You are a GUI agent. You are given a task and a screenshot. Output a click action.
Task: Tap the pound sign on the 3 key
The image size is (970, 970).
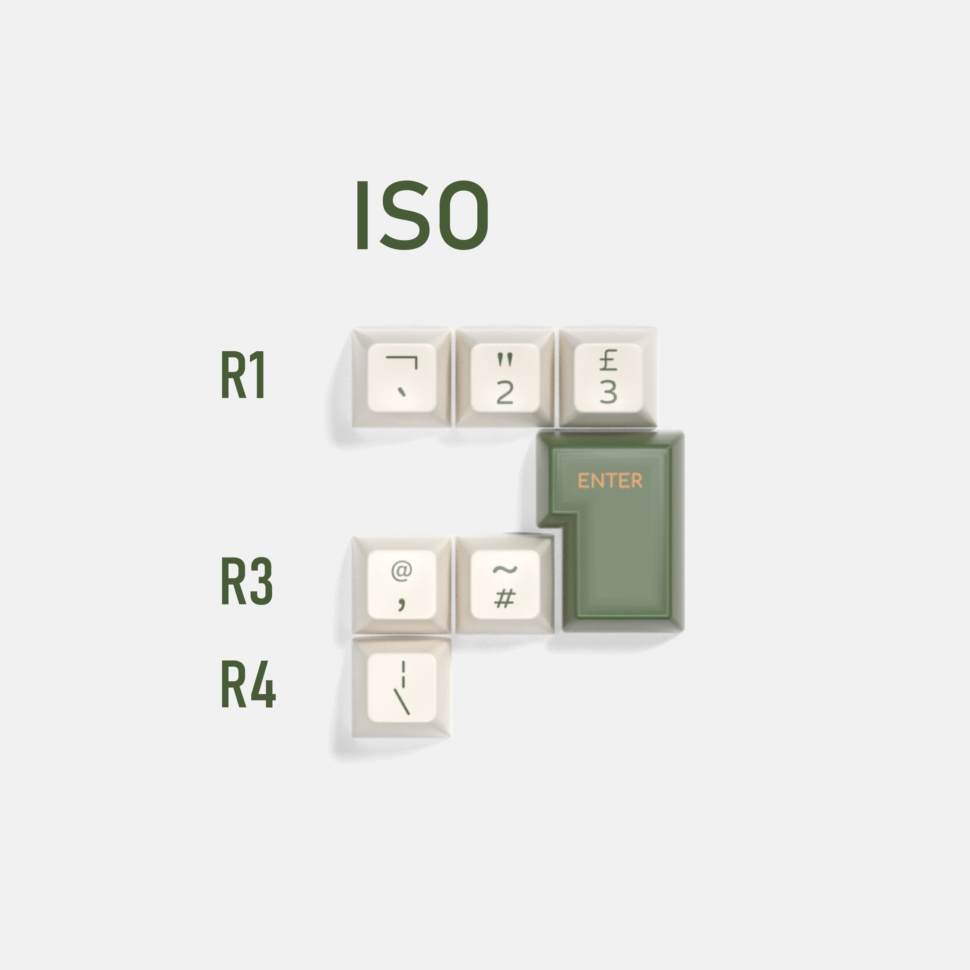[608, 360]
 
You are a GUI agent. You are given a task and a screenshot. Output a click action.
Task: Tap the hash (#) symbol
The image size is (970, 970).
[505, 598]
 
